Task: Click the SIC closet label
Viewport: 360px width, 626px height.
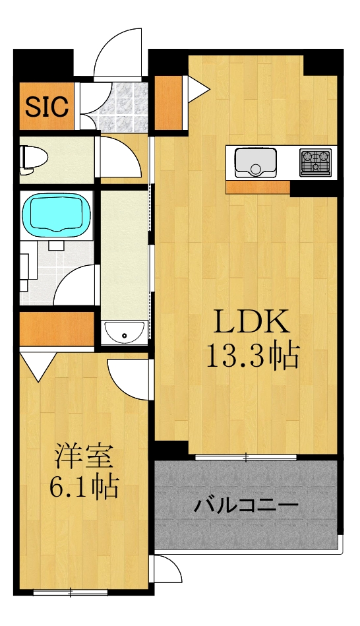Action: click(x=47, y=106)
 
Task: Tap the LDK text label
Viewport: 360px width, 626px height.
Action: click(x=249, y=323)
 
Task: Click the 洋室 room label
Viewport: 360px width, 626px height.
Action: click(x=84, y=457)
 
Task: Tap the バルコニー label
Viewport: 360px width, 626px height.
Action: click(x=246, y=507)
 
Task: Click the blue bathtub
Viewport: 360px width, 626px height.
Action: click(x=55, y=213)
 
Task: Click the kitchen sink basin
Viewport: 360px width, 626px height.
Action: click(x=256, y=161)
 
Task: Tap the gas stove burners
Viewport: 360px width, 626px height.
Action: click(x=315, y=162)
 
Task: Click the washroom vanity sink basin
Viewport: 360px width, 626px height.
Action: click(x=124, y=333)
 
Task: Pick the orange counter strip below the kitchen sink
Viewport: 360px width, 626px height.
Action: click(x=258, y=187)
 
